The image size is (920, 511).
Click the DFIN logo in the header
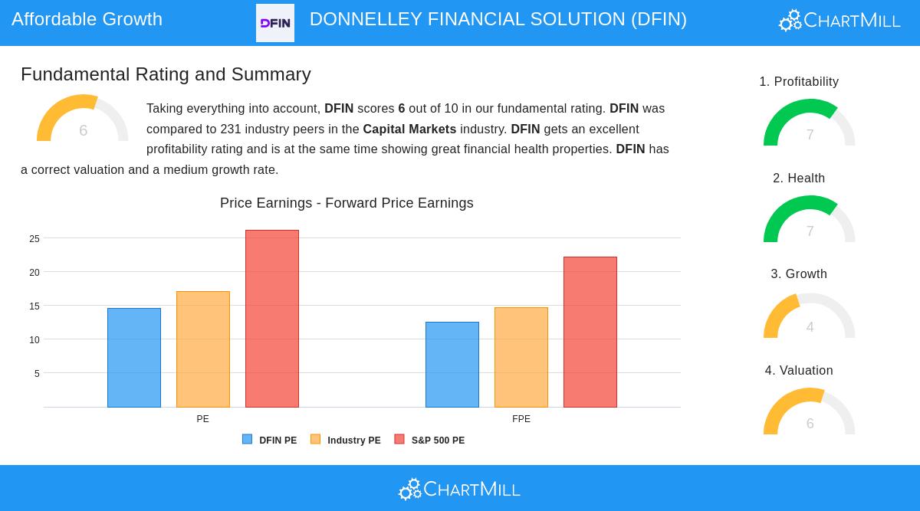(274, 23)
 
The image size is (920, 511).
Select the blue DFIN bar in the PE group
(134, 357)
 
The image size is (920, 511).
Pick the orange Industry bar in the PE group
(203, 349)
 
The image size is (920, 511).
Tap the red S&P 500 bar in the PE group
(272, 318)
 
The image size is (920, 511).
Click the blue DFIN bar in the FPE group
(452, 364)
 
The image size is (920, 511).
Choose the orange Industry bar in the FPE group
(521, 357)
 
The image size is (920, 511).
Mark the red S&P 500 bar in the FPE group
(590, 332)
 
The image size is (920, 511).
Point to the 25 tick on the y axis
(34, 239)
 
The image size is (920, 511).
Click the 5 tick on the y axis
(37, 374)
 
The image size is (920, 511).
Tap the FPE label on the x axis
(521, 419)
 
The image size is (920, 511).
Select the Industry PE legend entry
(346, 441)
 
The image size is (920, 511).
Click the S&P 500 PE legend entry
(430, 441)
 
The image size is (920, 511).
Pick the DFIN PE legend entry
(270, 441)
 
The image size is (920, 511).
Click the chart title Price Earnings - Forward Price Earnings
(347, 203)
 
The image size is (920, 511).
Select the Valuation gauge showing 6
(810, 413)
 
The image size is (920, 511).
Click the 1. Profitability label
(799, 82)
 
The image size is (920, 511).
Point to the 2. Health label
(799, 179)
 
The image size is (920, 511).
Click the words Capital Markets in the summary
(409, 129)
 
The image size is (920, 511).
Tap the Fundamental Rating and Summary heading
(166, 74)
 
